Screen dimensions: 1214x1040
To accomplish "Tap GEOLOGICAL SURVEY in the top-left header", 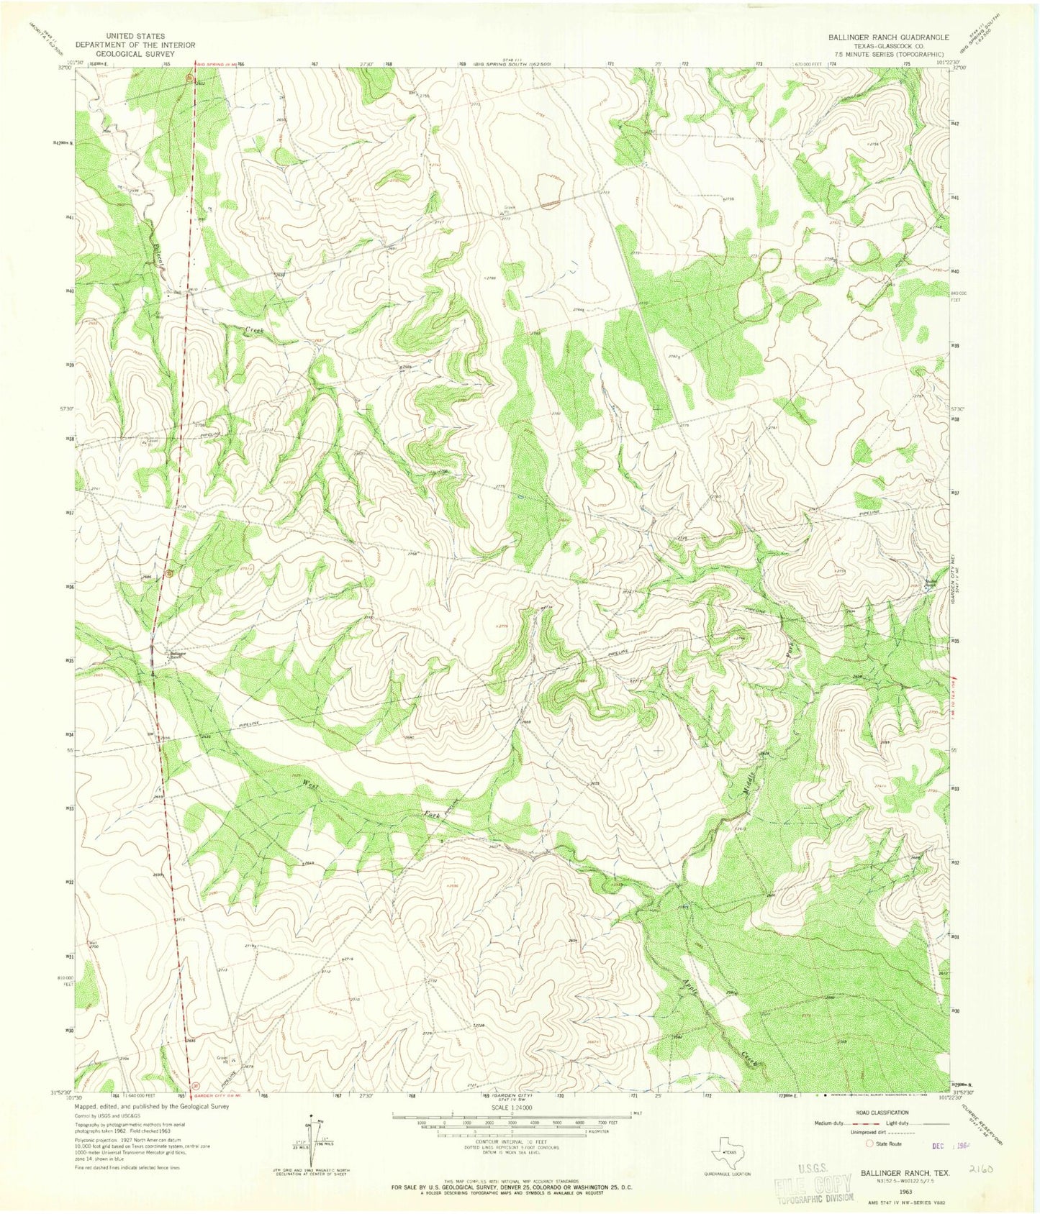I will tap(135, 53).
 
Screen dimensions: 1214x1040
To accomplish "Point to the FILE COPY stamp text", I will tap(814, 1187).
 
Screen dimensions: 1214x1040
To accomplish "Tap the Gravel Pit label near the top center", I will tap(508, 209).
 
